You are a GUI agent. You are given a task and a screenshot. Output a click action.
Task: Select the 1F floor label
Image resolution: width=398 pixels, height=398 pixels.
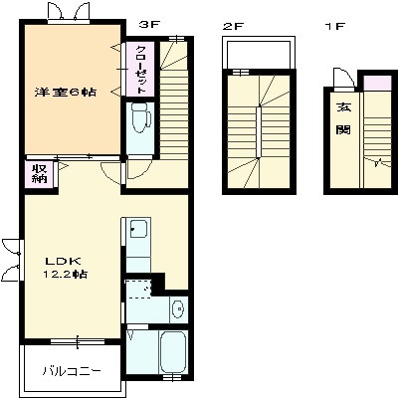(335, 26)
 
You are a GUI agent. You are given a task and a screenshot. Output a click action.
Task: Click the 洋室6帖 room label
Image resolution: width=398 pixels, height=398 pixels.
(66, 92)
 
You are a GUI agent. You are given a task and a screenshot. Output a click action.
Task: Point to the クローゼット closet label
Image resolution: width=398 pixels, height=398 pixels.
(141, 70)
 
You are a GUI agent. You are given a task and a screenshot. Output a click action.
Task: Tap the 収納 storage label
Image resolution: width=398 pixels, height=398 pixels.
(40, 174)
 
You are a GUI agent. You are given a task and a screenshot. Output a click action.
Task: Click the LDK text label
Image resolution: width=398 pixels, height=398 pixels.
(63, 261)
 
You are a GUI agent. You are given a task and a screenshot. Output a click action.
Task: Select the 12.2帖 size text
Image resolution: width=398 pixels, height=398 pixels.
(65, 275)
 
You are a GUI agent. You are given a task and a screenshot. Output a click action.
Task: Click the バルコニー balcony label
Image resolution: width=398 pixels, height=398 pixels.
(72, 371)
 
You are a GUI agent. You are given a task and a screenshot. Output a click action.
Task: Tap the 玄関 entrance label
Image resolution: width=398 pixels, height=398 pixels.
(343, 117)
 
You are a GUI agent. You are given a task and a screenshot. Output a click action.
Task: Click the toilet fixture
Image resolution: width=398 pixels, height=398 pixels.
(140, 117)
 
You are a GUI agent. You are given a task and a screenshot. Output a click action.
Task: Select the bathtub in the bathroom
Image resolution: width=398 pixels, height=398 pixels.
(172, 353)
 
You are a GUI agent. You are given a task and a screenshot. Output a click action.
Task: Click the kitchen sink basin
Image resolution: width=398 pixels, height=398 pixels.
(138, 229)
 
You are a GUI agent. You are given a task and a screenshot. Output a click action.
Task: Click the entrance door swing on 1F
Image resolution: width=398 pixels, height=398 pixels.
(343, 79)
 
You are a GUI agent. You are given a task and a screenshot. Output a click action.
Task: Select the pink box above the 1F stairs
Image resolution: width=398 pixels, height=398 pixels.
(377, 83)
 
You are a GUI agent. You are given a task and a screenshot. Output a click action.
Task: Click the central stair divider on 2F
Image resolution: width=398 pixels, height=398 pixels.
(259, 132)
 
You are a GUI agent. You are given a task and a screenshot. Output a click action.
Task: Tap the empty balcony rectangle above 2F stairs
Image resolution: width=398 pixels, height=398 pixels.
(260, 53)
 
